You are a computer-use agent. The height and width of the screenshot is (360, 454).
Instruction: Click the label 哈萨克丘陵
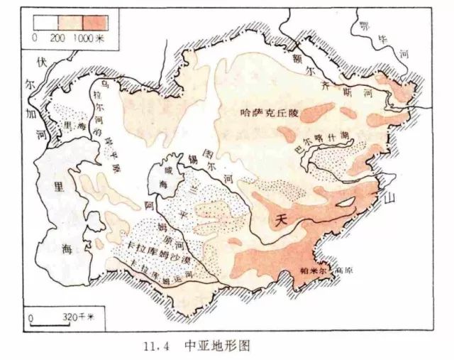(271, 112)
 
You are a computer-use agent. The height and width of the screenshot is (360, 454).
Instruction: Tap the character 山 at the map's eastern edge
(388, 200)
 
